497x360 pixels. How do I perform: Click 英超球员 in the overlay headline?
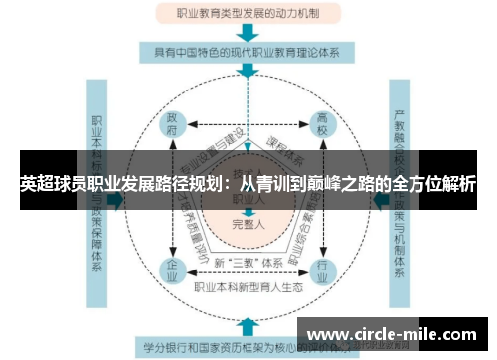[x=51, y=184]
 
